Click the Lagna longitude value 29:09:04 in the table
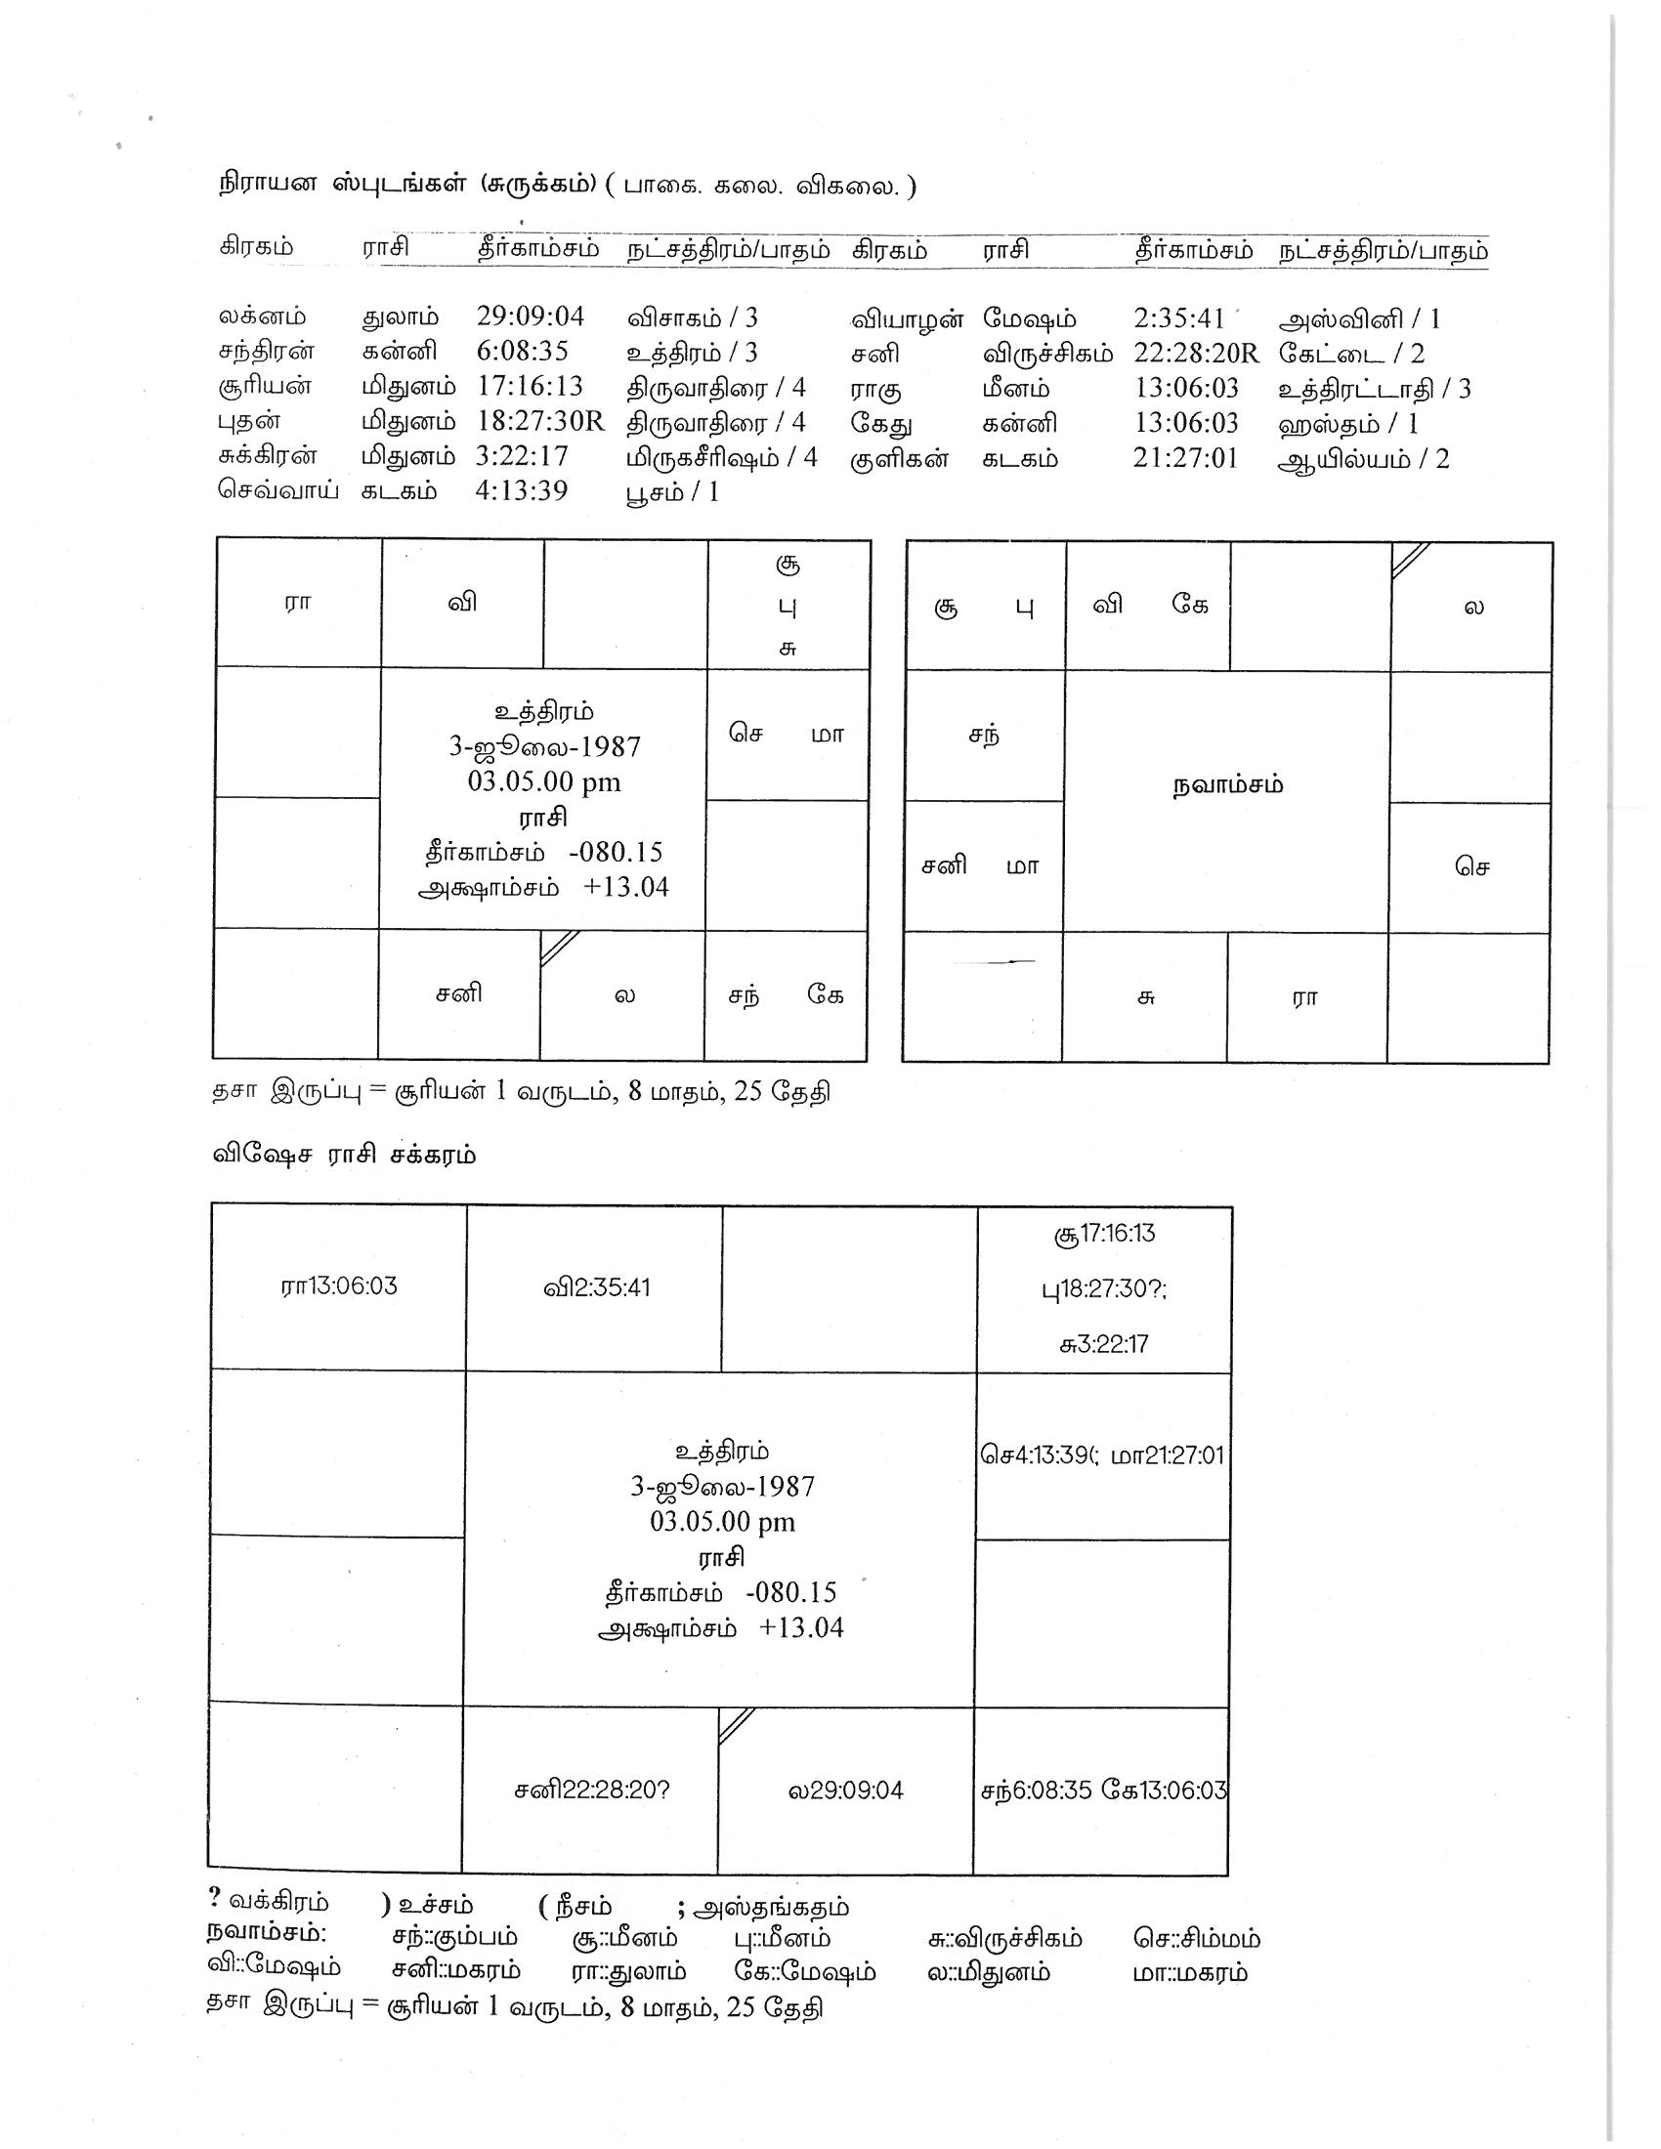531,316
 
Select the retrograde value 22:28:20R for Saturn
1196,354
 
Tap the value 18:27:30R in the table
540,421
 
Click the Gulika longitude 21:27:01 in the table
1185,458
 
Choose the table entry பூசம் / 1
672,492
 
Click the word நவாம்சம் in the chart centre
1227,785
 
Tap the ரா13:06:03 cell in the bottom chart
338,1286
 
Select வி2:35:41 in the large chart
596,1287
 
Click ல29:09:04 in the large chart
845,1790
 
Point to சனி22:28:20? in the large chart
591,1790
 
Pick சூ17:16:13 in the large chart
1104,1233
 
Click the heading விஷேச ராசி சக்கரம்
344,1155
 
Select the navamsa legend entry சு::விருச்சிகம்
1003,1938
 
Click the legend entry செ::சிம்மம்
1196,1938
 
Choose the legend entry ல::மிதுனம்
988,1972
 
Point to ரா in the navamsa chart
1304,998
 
